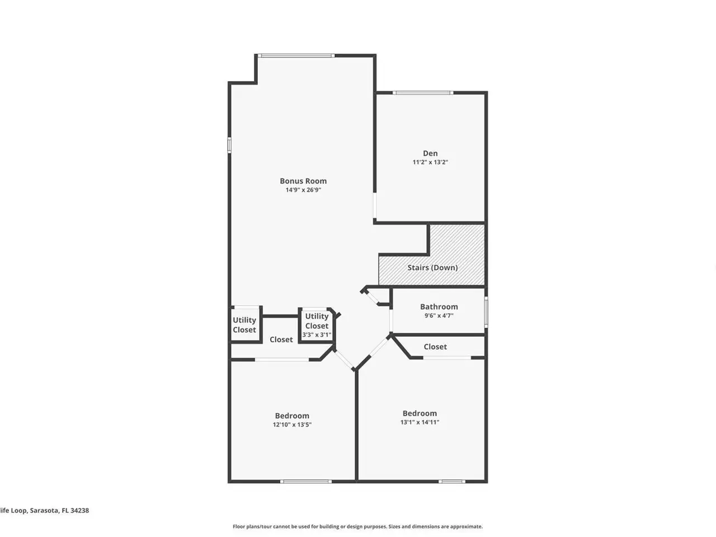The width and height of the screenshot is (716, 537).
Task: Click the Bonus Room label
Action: point(303,181)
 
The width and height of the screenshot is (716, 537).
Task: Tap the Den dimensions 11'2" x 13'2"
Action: point(430,162)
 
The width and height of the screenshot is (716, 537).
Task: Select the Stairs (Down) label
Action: point(432,268)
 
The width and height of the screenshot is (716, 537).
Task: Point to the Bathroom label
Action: point(439,307)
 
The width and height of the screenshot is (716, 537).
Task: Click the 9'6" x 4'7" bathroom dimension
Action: point(439,315)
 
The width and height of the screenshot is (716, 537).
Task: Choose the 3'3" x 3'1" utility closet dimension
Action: point(317,335)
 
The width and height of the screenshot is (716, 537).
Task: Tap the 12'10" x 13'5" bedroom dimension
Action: point(292,425)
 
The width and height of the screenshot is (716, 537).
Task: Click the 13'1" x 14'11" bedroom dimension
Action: point(420,422)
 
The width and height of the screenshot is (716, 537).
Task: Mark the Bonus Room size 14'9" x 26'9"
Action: point(303,190)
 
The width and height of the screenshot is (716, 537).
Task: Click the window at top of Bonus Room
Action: point(296,56)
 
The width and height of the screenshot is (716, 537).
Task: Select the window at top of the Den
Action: point(423,93)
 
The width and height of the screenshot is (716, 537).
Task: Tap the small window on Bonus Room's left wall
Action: point(229,145)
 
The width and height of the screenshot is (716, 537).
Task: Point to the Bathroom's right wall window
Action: point(486,312)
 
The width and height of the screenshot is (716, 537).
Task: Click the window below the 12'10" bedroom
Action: point(306,481)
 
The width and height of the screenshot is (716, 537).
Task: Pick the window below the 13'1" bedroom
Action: point(452,481)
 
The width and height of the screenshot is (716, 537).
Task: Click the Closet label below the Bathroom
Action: point(435,347)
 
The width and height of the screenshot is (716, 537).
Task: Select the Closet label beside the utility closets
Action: point(281,340)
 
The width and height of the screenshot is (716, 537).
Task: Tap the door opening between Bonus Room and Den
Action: point(375,205)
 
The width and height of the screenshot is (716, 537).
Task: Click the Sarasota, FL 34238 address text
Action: point(59,511)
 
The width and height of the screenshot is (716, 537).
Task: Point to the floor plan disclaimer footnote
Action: point(357,526)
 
